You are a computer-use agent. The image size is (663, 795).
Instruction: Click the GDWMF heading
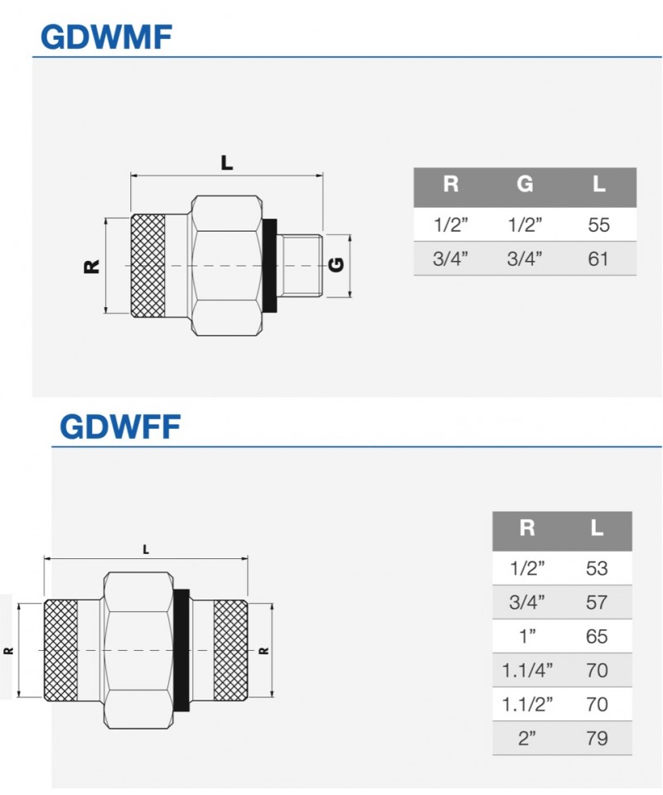tap(107, 37)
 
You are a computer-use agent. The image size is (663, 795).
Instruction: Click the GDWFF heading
tap(120, 426)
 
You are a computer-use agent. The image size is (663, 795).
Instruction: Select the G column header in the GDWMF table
tap(525, 184)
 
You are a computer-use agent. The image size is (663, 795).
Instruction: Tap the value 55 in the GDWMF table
tap(598, 224)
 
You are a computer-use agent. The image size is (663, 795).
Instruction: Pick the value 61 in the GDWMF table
tap(598, 258)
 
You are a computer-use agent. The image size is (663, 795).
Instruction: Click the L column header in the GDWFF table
tap(597, 528)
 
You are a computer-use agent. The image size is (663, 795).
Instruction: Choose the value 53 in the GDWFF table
tap(597, 568)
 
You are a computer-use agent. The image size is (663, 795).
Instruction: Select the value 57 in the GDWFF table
tap(597, 602)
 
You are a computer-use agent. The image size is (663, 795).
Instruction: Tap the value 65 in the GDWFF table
tap(597, 636)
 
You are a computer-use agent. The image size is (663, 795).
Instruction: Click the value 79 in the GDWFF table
tap(597, 738)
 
